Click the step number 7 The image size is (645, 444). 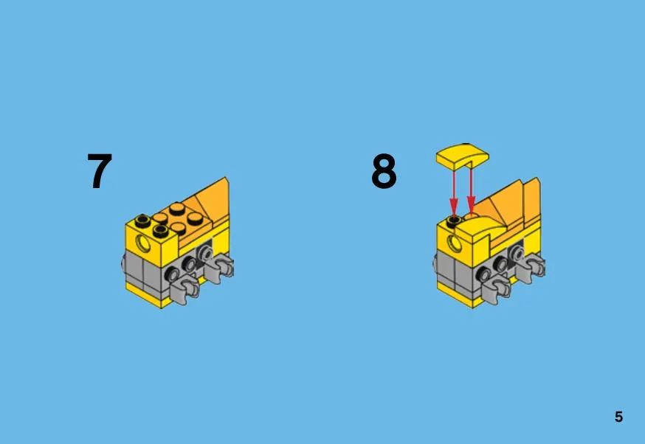point(100,170)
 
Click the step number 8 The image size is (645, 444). point(384,171)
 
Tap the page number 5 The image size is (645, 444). point(618,417)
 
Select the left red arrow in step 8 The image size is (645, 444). point(454,192)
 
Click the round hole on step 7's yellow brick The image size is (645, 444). point(145,243)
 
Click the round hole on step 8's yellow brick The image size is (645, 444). point(455,243)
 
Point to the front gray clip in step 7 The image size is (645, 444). point(185,288)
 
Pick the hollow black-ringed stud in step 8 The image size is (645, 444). point(454,221)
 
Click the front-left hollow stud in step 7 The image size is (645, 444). point(160,231)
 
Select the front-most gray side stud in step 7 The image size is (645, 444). point(172,274)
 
